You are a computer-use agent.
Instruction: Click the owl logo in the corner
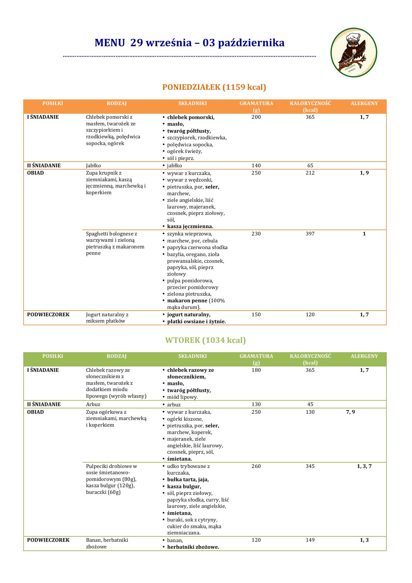(x=354, y=53)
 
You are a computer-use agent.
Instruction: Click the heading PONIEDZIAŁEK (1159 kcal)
(x=214, y=87)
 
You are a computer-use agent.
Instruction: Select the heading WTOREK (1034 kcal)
(x=205, y=340)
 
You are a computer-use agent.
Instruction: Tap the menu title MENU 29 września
(x=189, y=43)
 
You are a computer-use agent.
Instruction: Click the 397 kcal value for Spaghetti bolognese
(x=310, y=234)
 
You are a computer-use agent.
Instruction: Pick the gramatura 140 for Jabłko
(x=256, y=166)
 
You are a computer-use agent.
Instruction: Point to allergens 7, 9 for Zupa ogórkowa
(x=351, y=412)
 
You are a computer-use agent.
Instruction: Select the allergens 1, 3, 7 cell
(x=364, y=466)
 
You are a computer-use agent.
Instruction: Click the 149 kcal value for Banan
(x=310, y=540)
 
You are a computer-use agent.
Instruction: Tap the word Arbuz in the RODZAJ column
(x=93, y=404)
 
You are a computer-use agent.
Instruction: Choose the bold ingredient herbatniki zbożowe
(x=193, y=547)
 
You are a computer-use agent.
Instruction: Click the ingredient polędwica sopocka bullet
(x=190, y=145)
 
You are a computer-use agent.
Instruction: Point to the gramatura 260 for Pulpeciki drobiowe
(x=256, y=466)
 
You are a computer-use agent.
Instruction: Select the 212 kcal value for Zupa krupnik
(x=310, y=173)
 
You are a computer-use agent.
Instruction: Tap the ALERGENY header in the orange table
(x=364, y=103)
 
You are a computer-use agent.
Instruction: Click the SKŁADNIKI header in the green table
(x=192, y=356)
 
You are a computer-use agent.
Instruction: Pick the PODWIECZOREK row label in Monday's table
(x=48, y=315)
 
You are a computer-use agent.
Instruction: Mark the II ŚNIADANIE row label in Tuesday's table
(x=44, y=404)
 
